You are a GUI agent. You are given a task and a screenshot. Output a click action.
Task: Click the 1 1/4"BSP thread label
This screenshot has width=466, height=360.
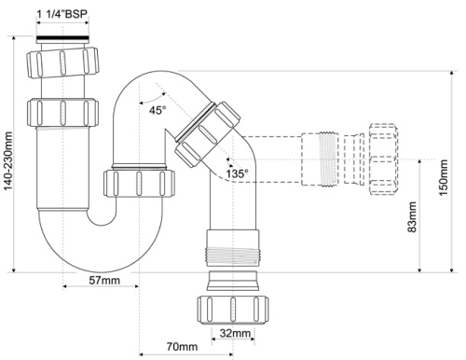point(62,14)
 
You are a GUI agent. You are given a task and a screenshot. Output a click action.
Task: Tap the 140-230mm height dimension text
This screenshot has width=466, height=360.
point(8,160)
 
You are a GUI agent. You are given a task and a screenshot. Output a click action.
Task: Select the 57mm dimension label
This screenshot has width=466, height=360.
point(104,281)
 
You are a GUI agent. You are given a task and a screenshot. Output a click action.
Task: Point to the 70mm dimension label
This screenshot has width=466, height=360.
point(182,347)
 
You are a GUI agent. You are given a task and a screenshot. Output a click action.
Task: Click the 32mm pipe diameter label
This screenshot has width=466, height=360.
point(235,333)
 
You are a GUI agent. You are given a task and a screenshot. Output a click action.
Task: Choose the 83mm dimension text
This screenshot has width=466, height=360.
point(412,216)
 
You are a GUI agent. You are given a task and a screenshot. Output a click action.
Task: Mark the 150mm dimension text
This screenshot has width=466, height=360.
point(444,177)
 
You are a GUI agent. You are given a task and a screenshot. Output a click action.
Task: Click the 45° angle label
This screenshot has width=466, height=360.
point(158,110)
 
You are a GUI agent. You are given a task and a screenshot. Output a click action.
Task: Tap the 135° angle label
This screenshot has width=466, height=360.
point(238,173)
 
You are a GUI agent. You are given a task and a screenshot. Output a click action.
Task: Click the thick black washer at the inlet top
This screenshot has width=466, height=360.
point(62,39)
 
